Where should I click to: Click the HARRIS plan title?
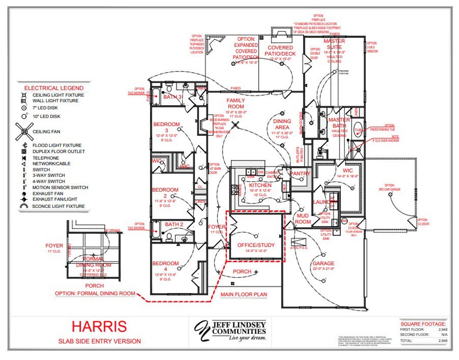(x=99, y=326)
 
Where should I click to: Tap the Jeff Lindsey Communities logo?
(x=230, y=330)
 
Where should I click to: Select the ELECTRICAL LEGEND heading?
(x=54, y=88)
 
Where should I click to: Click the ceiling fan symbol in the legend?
(x=24, y=132)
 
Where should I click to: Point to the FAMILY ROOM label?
(x=236, y=104)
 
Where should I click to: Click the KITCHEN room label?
(x=260, y=185)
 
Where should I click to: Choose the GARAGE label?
(x=323, y=263)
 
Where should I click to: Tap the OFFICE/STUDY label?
(x=256, y=245)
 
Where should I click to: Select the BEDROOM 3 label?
(x=166, y=127)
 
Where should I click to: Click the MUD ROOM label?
(x=303, y=219)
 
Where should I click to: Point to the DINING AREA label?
(x=282, y=124)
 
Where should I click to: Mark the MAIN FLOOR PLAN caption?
(x=243, y=294)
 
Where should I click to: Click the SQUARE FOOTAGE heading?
(x=423, y=324)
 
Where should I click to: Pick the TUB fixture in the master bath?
(x=358, y=130)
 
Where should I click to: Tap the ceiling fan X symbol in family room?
(x=235, y=125)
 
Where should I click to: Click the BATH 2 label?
(x=174, y=224)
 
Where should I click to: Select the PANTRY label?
(x=300, y=174)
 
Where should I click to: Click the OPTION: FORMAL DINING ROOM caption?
(x=95, y=293)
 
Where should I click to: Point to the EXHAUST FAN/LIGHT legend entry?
(x=55, y=199)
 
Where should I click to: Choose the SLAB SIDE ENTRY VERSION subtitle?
(x=99, y=341)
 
